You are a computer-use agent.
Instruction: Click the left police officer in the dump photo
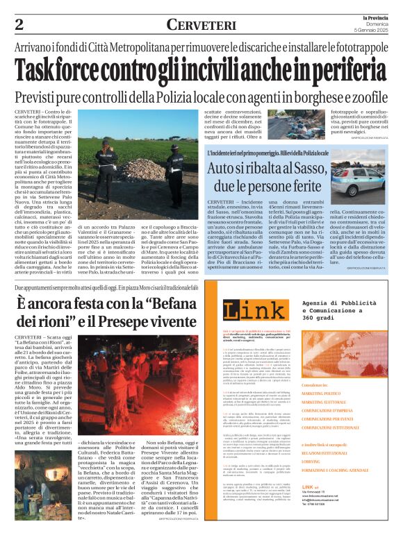106,167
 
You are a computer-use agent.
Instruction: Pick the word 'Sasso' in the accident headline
311,167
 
